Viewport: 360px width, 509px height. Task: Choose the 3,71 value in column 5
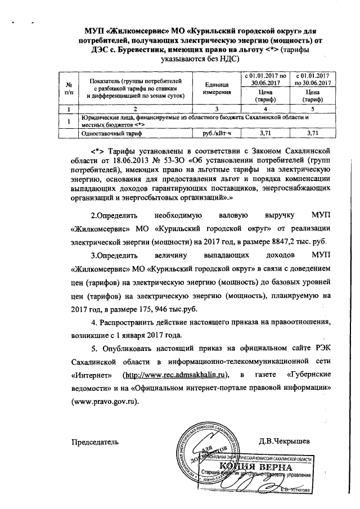tap(309, 134)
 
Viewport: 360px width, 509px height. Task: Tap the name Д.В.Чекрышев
tap(285, 441)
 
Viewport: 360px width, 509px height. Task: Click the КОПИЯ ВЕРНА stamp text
tap(264, 468)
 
